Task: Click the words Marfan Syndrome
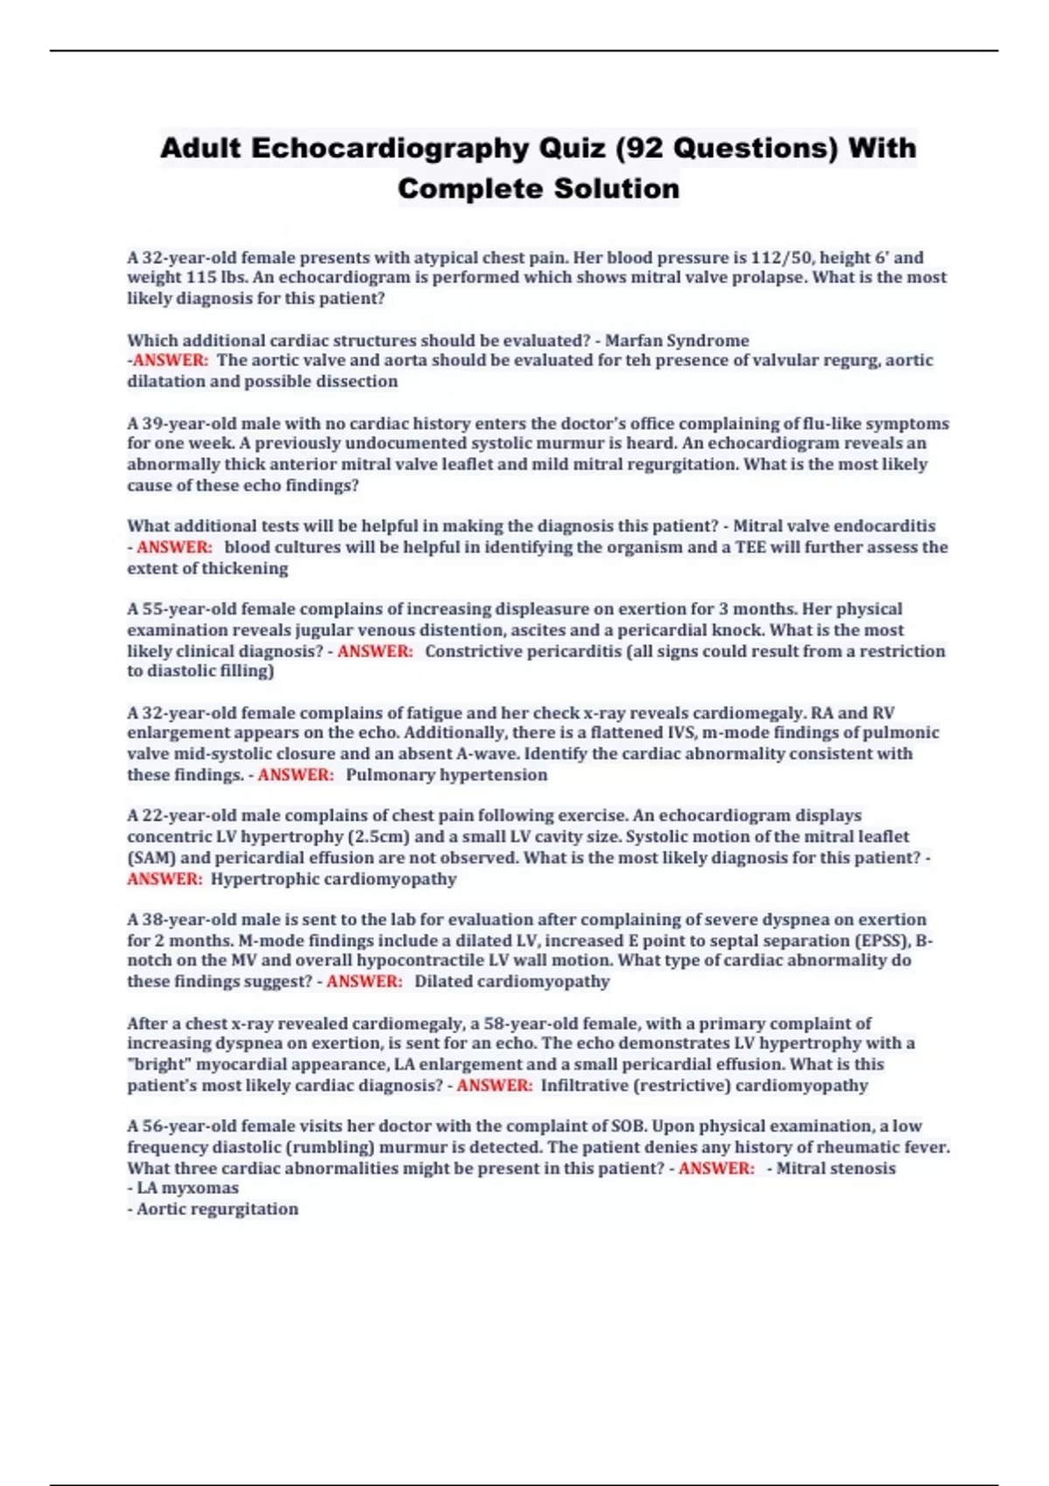(x=677, y=341)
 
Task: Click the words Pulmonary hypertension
(x=447, y=774)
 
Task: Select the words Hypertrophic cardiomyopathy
(x=333, y=878)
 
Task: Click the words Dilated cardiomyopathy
(x=511, y=982)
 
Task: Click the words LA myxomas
(x=187, y=1188)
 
